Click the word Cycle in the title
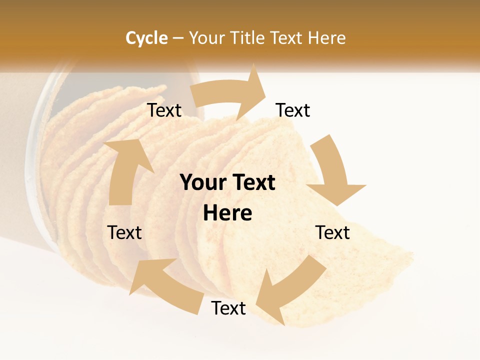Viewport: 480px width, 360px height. click(146, 38)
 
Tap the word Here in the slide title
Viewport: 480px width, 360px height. click(326, 38)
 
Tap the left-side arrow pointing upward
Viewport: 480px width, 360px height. click(124, 170)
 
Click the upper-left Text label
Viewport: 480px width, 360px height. click(164, 110)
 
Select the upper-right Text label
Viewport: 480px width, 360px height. click(293, 110)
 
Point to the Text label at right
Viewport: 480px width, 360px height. click(332, 232)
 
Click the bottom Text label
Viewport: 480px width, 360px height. click(228, 308)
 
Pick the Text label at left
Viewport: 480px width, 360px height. click(124, 232)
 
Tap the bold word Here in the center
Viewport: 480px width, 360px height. click(227, 213)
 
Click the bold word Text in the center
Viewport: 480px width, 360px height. click(252, 183)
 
